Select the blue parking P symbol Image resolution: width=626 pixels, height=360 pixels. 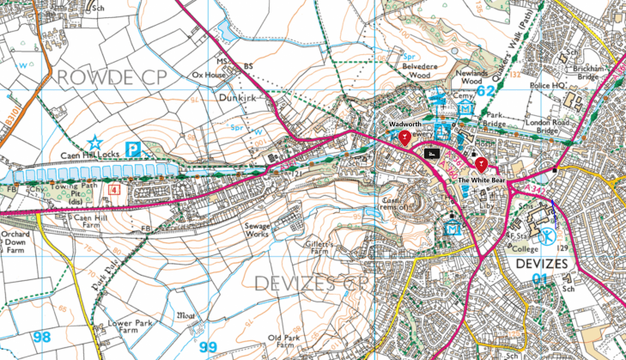pos(134,149)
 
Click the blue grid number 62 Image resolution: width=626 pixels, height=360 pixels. pos(486,89)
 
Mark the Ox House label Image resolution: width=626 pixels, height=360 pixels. pos(208,75)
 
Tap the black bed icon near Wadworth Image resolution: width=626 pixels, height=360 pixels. pos(433,154)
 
